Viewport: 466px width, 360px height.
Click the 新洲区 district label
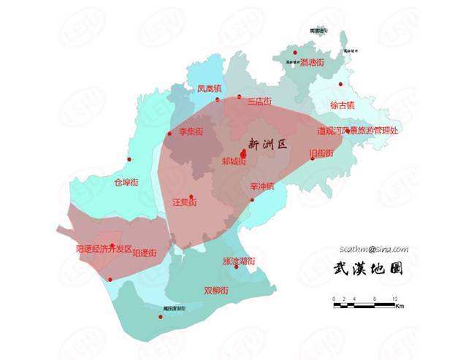pyautogui.click(x=267, y=144)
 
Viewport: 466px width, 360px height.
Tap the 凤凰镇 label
pyautogui.click(x=210, y=88)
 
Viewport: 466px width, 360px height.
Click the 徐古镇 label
pyautogui.click(x=342, y=105)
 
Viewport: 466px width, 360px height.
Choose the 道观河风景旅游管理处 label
pyautogui.click(x=357, y=131)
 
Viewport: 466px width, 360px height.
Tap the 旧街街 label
pyautogui.click(x=321, y=153)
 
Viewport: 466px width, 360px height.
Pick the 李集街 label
pyautogui.click(x=191, y=132)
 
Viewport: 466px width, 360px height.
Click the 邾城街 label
pyautogui.click(x=234, y=161)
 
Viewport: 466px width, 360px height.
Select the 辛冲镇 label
pyautogui.click(x=261, y=186)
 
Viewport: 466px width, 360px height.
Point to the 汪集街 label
pyautogui.click(x=185, y=201)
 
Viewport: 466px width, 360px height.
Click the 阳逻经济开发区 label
pyautogui.click(x=104, y=248)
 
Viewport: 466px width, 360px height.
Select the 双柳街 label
pyautogui.click(x=217, y=290)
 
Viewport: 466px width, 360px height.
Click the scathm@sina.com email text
pyautogui.click(x=374, y=249)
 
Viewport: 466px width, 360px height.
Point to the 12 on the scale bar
pyautogui.click(x=394, y=299)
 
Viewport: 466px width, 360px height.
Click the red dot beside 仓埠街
pyautogui.click(x=129, y=159)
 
